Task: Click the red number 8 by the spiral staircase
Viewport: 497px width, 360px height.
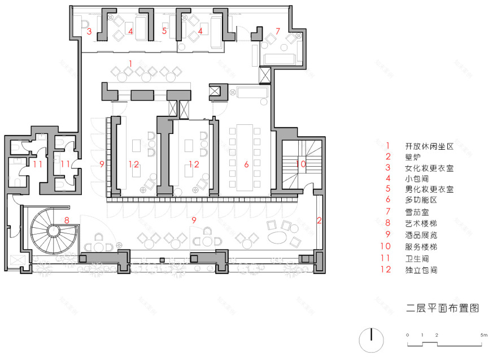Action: (67, 220)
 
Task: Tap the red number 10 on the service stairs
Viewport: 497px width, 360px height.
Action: (301, 164)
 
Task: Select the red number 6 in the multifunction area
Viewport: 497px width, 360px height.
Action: (246, 164)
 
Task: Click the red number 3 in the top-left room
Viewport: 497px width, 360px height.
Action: (89, 32)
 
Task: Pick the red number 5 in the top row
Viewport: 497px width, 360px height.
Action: (164, 32)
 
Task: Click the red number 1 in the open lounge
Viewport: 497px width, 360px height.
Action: (130, 63)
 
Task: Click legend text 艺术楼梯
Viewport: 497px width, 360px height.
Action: (425, 223)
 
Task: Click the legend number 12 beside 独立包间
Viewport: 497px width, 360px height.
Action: (387, 270)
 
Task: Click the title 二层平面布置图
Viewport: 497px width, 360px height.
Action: (442, 308)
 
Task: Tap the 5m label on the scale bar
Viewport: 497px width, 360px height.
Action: (483, 335)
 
